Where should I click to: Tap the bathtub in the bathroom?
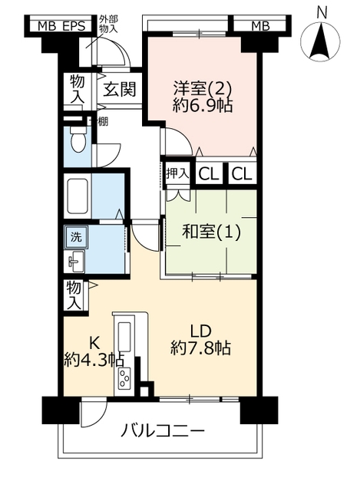pos(78,196)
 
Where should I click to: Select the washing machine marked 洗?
pos(76,237)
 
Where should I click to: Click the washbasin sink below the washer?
pos(75,261)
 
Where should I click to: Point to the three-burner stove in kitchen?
pos(124,378)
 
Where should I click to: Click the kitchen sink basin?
pos(124,337)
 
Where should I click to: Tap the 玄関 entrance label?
pos(120,90)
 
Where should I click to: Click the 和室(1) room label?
pos(212,232)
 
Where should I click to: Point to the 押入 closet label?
pos(177,173)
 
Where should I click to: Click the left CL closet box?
pos(209,174)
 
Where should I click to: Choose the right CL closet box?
pos(243,174)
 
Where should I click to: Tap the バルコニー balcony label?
pos(163,431)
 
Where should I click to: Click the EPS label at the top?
pos(74,27)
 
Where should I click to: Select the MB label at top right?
pos(261,27)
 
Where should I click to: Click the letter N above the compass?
pos(322,13)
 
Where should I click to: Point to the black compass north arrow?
pos(320,43)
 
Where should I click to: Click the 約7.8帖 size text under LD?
pos(201,348)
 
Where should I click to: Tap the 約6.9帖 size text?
pos(203,106)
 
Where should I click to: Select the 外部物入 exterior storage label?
pos(108,25)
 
